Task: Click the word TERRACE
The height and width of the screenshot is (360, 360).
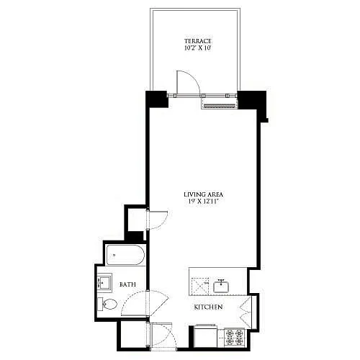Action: pyautogui.click(x=198, y=41)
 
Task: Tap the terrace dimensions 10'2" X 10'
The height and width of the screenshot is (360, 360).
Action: pyautogui.click(x=198, y=48)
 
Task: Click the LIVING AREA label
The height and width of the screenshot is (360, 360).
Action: pyautogui.click(x=204, y=194)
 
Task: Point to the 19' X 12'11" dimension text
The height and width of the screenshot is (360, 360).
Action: pyautogui.click(x=203, y=202)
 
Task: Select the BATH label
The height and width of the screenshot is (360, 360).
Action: pyautogui.click(x=127, y=284)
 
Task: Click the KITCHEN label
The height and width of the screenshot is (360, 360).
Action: pyautogui.click(x=208, y=307)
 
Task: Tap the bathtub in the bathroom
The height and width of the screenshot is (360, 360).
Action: pyautogui.click(x=125, y=255)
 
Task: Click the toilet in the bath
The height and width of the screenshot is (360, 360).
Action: pyautogui.click(x=107, y=304)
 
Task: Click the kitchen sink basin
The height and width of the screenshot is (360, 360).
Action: pyautogui.click(x=222, y=287)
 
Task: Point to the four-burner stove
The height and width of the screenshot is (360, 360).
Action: pyautogui.click(x=234, y=337)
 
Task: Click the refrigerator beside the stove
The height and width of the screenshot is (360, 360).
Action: pyautogui.click(x=206, y=336)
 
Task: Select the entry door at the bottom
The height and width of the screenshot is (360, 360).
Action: pyautogui.click(x=163, y=336)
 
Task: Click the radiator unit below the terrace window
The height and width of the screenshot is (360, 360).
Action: pyautogui.click(x=219, y=106)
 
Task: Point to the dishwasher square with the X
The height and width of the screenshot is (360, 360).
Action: pyautogui.click(x=200, y=286)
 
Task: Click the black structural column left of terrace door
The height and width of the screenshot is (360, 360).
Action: pyautogui.click(x=156, y=99)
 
